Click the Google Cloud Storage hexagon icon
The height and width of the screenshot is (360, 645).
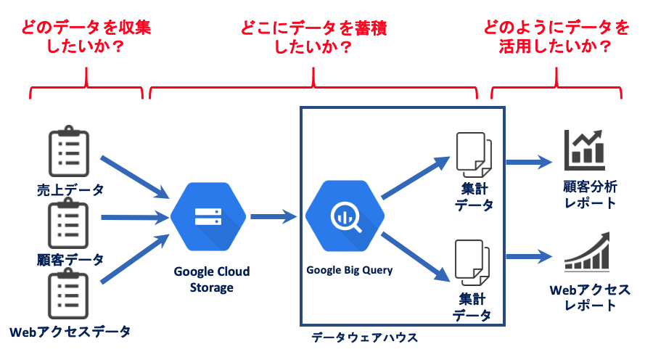point(208,216)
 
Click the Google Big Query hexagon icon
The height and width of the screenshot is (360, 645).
point(345,216)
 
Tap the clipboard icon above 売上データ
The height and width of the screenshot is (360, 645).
point(69,151)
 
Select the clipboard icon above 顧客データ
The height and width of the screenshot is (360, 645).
point(68,223)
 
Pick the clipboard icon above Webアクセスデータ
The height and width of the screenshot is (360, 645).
point(68,293)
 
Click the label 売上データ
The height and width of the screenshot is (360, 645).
point(70,189)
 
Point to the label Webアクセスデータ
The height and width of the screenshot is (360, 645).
point(70,332)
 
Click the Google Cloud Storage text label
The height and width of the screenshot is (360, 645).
point(211,279)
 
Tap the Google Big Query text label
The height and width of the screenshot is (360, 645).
point(350,270)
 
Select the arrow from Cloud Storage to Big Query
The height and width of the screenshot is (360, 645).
point(274,216)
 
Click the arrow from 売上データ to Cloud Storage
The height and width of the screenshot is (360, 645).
point(135,177)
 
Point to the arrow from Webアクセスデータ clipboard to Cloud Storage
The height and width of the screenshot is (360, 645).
point(135,259)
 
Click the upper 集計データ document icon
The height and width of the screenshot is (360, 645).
point(474,155)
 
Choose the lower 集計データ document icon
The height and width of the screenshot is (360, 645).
point(472,263)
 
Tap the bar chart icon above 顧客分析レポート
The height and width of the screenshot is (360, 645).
point(585,150)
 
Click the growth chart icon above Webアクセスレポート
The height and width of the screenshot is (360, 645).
point(587,251)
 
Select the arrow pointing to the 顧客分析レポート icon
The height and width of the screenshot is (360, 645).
point(530,162)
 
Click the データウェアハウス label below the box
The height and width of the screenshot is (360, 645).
point(364,337)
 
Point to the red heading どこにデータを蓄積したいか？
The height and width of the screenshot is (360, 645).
point(313,37)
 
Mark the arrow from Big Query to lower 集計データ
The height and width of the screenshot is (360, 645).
point(416,257)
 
